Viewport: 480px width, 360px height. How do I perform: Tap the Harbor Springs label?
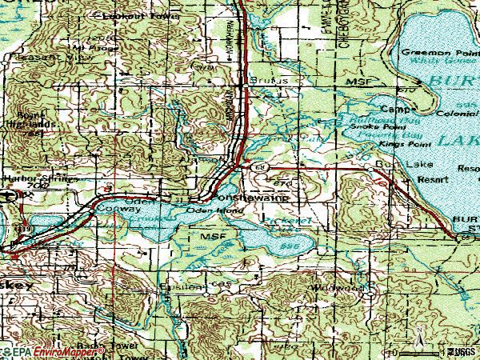click(30, 178)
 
